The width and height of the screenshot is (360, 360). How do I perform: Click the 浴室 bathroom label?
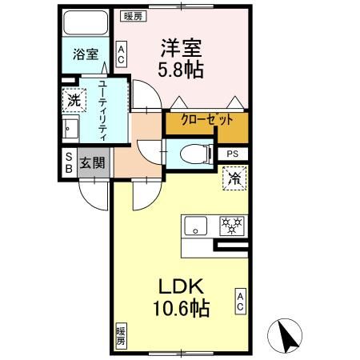pyautogui.click(x=86, y=55)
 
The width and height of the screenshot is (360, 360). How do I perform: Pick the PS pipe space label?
pyautogui.click(x=233, y=154)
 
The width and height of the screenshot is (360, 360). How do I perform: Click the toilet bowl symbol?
pyautogui.click(x=193, y=154)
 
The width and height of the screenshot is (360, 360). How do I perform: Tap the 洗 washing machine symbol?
pyautogui.click(x=73, y=101)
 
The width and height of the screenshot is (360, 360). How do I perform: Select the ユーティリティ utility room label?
pyautogui.click(x=103, y=110)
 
